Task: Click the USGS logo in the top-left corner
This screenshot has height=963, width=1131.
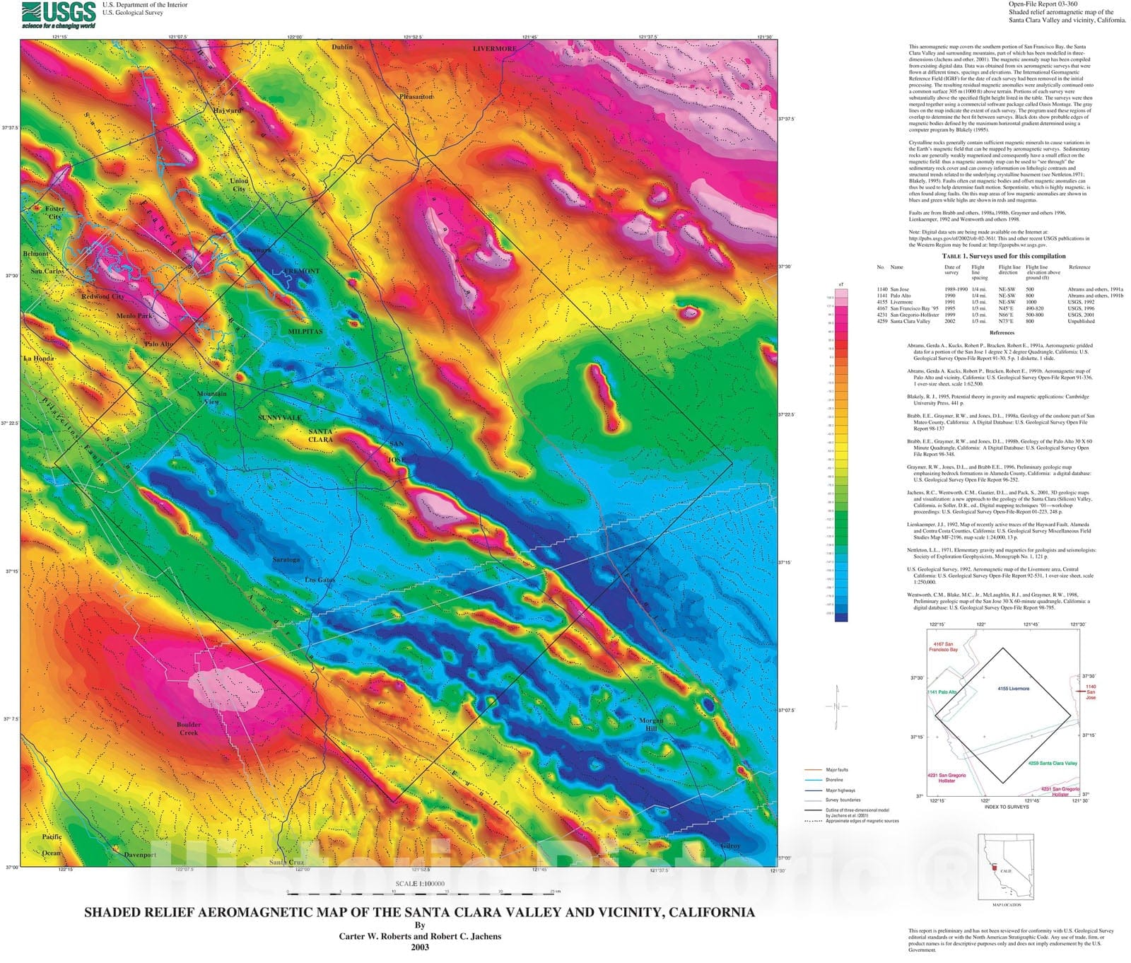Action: [59, 14]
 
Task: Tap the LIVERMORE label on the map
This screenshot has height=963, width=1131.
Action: [495, 49]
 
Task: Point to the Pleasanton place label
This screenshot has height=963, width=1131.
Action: [416, 97]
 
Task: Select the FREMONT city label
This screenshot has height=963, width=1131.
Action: [302, 272]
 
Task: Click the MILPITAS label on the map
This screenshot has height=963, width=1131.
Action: [305, 332]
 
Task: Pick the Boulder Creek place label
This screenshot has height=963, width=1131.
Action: [189, 728]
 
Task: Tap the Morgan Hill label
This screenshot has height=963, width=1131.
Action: [651, 725]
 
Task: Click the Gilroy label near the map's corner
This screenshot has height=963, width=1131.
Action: [730, 846]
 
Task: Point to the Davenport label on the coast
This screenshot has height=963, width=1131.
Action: [140, 855]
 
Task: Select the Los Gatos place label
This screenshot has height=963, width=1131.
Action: [320, 580]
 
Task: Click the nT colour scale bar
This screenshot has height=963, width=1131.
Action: [841, 453]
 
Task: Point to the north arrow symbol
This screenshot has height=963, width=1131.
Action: [837, 706]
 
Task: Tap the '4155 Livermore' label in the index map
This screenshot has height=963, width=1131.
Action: [1013, 688]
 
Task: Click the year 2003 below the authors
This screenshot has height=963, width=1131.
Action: [420, 947]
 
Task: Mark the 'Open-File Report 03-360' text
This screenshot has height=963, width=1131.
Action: [1043, 4]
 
